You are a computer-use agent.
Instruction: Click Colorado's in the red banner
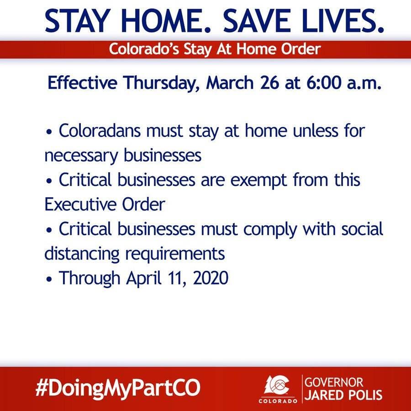point(144,49)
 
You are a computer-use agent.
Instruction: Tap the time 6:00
point(324,83)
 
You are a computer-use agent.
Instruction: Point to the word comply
point(270,230)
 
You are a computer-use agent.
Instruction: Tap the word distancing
point(82,254)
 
